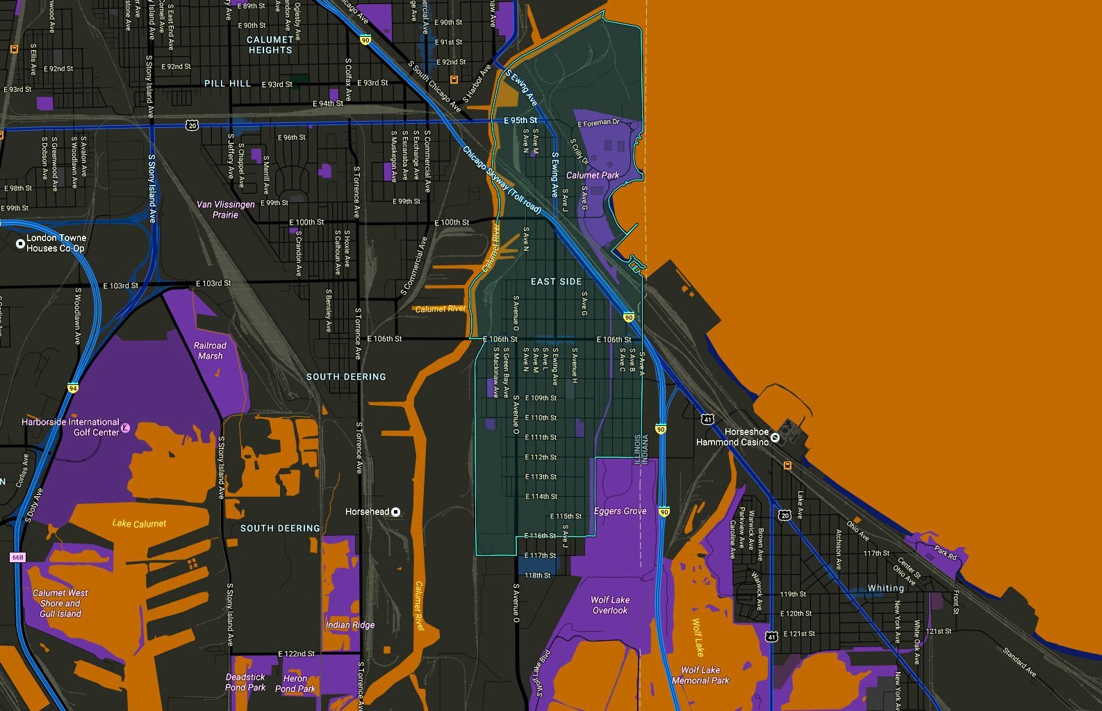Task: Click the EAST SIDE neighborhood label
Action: [556, 281]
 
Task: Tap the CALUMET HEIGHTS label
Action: [270, 45]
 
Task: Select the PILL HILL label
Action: [227, 83]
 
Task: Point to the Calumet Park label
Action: [592, 175]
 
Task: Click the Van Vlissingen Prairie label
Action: [226, 209]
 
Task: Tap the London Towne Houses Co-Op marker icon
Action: [20, 243]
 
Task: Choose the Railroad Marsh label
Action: [210, 350]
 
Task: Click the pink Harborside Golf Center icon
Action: [126, 427]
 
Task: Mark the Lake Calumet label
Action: [139, 523]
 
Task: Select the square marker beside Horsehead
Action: [396, 512]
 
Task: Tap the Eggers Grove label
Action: [620, 511]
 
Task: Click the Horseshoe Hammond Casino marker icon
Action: [775, 438]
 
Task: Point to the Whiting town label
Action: [885, 588]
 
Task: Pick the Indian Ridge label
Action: [350, 625]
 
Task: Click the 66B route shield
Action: [17, 557]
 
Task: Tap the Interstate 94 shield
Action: [73, 388]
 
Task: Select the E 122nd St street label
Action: [296, 653]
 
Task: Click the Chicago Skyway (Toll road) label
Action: [502, 179]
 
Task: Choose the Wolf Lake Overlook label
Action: [610, 605]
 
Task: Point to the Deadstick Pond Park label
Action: [245, 682]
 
